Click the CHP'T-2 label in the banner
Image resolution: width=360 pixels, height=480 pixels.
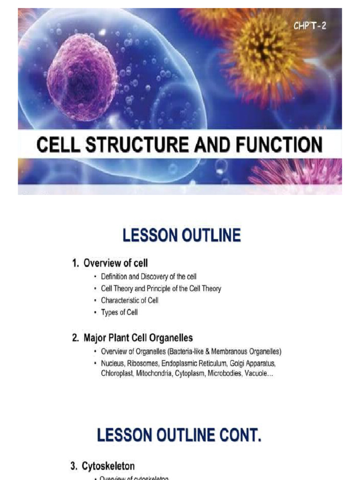(310, 26)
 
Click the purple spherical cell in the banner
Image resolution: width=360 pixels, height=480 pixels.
(82, 77)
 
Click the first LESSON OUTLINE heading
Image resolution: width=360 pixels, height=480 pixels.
(181, 235)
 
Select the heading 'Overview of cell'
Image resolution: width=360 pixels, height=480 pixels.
(115, 263)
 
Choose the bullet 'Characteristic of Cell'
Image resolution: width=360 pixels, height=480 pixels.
(129, 300)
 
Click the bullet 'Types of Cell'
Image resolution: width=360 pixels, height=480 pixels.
(119, 312)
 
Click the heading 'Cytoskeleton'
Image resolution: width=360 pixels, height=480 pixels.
(108, 466)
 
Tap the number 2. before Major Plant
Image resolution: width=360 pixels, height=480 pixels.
(75, 337)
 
